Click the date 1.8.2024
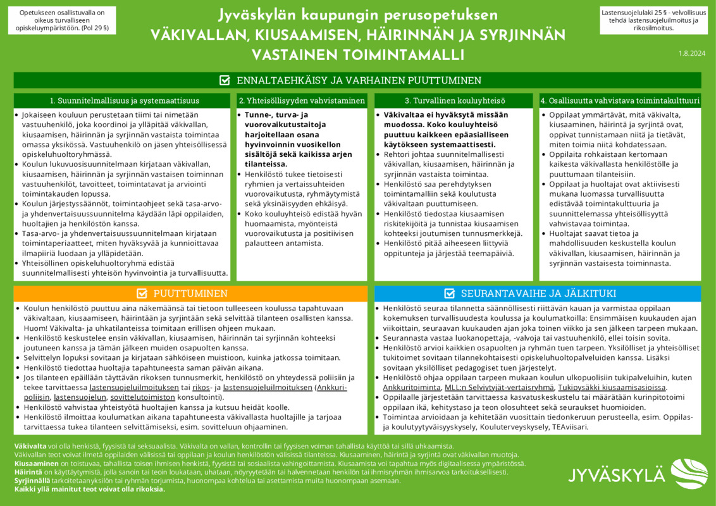(691, 54)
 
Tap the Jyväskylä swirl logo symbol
(688, 473)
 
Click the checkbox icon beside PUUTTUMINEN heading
(142, 293)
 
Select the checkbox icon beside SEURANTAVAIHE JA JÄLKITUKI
(450, 293)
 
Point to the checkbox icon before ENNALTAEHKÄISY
(225, 80)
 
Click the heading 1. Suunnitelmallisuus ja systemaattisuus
(125, 101)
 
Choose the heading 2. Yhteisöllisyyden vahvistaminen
(302, 101)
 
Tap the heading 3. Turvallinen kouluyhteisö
(455, 101)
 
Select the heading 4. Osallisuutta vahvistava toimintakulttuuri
(620, 101)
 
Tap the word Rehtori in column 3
(398, 155)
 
